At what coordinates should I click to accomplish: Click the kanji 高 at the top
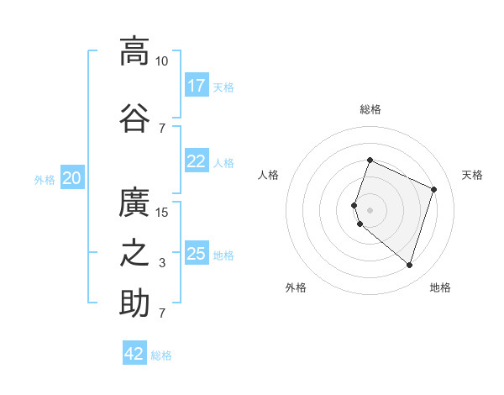point(134,51)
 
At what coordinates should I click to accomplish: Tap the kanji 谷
point(134,117)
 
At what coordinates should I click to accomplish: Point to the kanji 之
point(134,253)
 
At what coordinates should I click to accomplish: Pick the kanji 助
point(134,303)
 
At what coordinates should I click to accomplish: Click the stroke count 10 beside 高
point(161,61)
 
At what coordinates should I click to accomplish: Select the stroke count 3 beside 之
point(161,263)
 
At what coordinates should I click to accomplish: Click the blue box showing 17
point(197,86)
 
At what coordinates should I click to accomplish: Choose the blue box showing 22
point(197,161)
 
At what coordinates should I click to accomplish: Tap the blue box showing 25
point(197,254)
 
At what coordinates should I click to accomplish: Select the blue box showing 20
point(72,178)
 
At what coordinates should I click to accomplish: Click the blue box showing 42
point(134,354)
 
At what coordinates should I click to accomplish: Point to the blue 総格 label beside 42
point(161,355)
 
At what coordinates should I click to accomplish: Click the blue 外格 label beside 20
point(45,179)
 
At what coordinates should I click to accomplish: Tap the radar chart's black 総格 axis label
point(370,109)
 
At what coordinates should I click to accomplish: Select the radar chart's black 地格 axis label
point(440,288)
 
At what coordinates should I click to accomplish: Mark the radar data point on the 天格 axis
point(434,189)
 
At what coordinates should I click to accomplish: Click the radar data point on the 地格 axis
point(409,266)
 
